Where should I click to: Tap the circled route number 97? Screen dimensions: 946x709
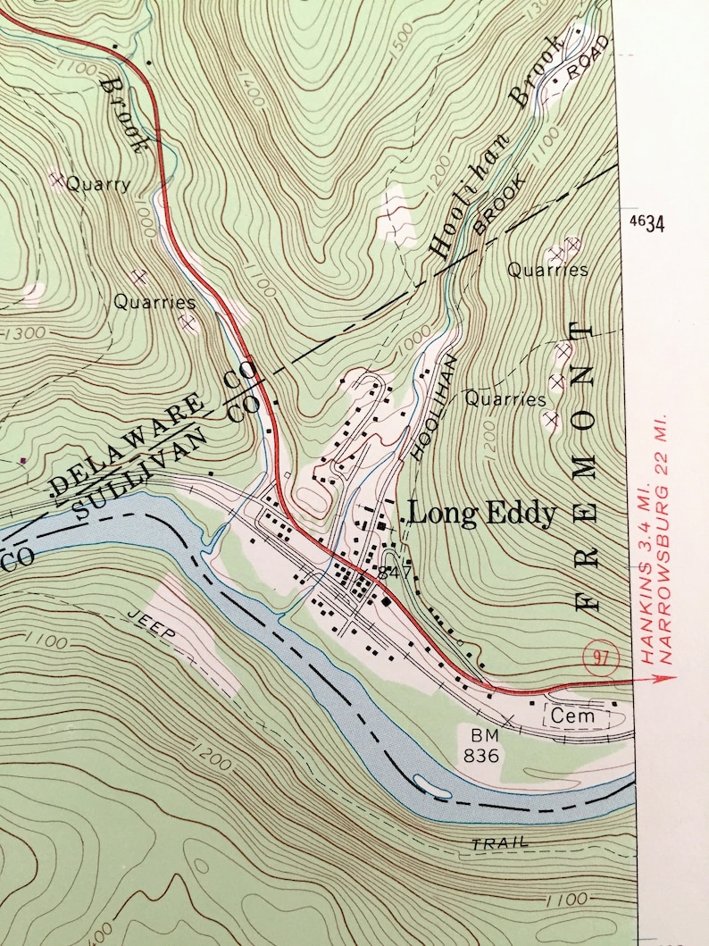(x=599, y=657)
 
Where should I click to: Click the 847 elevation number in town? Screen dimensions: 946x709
(x=394, y=572)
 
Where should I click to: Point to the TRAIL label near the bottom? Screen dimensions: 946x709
(x=500, y=842)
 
